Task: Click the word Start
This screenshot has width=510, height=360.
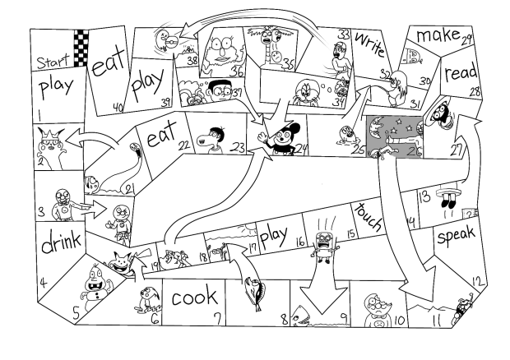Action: [x=53, y=61]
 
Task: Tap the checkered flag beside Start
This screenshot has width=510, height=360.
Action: [x=81, y=48]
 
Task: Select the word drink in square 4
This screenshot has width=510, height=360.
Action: [x=61, y=241]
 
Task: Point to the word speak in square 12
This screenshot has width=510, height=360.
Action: [x=456, y=234]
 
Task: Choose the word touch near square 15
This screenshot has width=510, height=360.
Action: [x=369, y=217]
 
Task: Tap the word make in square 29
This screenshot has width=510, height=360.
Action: [x=438, y=35]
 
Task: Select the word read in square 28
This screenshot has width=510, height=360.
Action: [x=461, y=73]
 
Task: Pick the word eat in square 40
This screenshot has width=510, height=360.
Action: [x=109, y=63]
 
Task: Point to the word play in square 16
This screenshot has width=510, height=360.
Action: [x=274, y=234]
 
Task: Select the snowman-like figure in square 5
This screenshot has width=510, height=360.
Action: [x=96, y=286]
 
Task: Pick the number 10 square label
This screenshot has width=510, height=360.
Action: [x=400, y=320]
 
